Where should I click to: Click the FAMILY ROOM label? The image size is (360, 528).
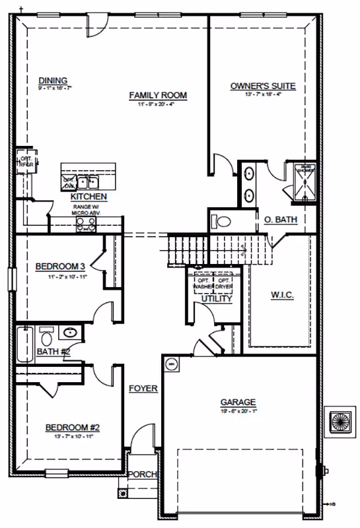[157, 96]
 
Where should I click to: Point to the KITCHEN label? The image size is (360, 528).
[89, 197]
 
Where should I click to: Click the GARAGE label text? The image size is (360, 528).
[238, 402]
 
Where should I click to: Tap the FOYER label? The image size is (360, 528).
[143, 389]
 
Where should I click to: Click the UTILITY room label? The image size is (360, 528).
[217, 299]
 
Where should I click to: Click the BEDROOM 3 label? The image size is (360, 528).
[60, 267]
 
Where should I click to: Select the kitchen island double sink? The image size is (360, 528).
[87, 181]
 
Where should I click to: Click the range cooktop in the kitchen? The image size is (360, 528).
[86, 226]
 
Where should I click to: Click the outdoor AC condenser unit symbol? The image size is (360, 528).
[343, 420]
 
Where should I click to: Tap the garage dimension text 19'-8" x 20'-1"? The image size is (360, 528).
[238, 411]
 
